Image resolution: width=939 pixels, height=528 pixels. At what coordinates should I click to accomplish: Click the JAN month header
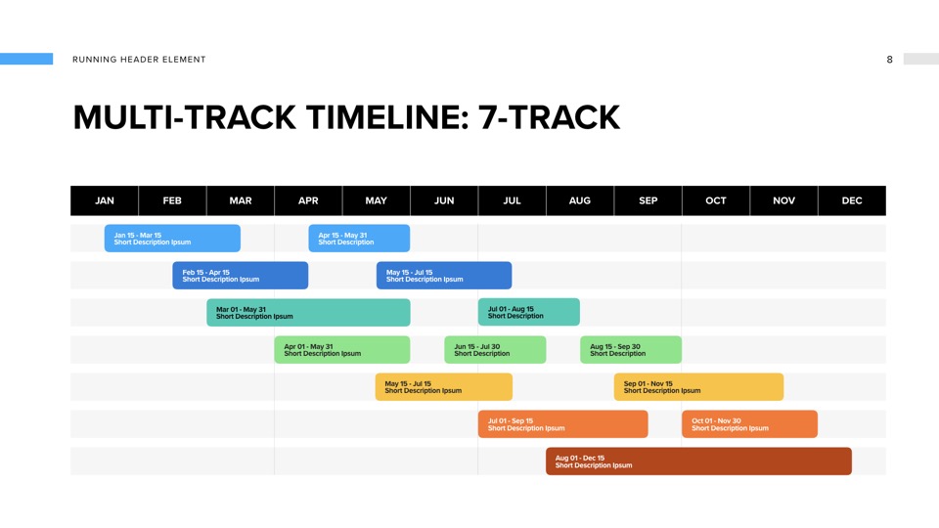click(105, 200)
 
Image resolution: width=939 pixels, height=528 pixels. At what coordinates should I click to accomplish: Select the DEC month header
click(852, 200)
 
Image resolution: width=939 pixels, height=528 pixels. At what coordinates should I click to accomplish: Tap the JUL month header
click(512, 200)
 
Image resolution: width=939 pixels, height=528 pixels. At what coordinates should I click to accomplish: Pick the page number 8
click(889, 60)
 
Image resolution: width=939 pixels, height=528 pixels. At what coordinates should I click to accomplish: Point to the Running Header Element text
click(139, 60)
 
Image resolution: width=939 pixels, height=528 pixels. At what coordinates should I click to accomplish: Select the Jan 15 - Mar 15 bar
click(172, 239)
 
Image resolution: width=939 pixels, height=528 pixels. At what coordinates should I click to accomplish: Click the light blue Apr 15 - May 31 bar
click(359, 239)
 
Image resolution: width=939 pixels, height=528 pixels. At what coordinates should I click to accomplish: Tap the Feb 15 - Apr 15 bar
click(241, 276)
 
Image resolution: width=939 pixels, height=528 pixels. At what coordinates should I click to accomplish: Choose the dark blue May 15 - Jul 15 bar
click(444, 276)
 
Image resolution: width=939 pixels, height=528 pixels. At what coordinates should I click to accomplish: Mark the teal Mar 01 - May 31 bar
click(308, 313)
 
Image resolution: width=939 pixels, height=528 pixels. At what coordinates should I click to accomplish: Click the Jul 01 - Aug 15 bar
click(529, 312)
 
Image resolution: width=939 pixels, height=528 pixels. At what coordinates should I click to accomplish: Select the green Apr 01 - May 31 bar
click(342, 350)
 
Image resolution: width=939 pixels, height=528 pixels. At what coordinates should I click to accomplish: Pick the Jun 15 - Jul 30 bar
click(495, 350)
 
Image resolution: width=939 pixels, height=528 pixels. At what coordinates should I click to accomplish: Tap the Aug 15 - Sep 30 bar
click(631, 350)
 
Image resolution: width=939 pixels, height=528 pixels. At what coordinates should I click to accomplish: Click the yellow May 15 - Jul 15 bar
click(444, 387)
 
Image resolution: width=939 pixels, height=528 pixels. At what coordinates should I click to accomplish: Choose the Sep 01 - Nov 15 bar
click(698, 387)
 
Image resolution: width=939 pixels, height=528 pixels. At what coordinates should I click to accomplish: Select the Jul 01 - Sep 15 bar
click(563, 423)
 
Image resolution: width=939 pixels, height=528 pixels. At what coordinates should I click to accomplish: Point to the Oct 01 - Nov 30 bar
click(750, 423)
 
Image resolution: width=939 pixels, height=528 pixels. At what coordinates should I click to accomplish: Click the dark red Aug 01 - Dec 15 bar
click(698, 461)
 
